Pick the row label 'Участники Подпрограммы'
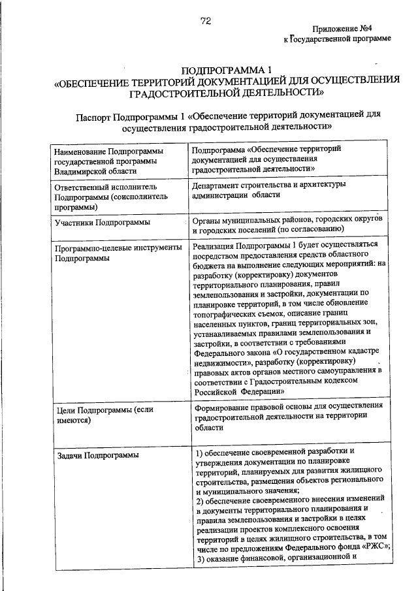pos(101,223)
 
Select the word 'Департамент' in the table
pos(220,185)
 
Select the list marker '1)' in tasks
pos(201,451)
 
